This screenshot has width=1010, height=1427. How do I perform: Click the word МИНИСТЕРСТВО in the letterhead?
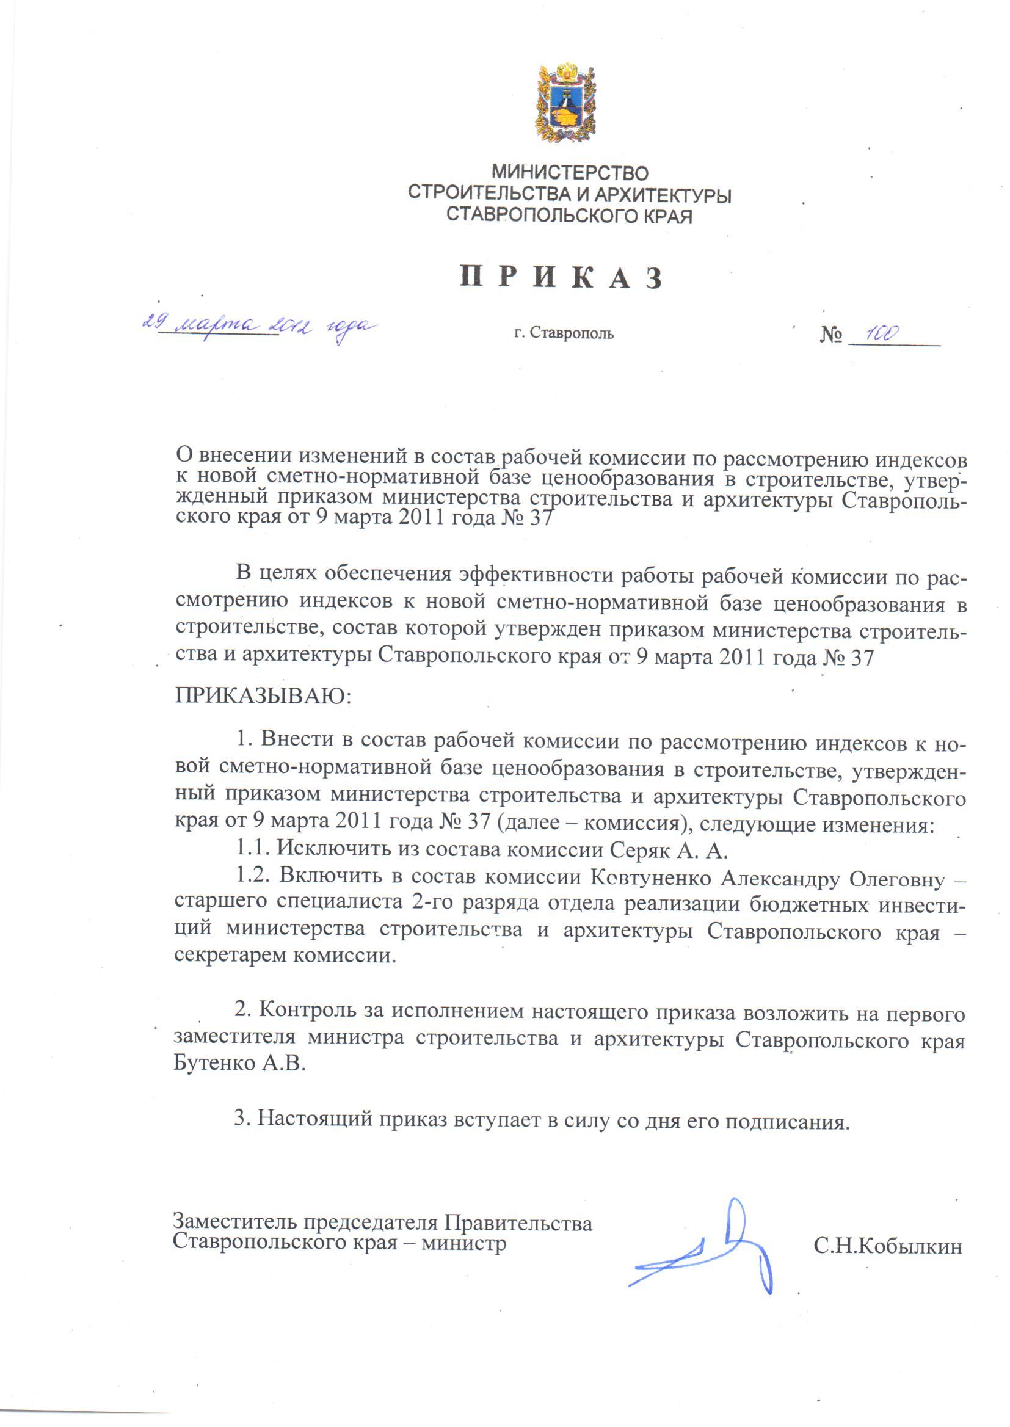[570, 172]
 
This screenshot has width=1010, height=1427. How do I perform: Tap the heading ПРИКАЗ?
[561, 278]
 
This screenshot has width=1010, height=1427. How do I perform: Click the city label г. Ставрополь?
[564, 333]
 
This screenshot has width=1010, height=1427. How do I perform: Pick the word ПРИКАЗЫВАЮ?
[263, 694]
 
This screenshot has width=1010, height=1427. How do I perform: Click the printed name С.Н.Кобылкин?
[887, 1246]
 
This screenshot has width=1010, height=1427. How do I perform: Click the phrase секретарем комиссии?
[285, 954]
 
